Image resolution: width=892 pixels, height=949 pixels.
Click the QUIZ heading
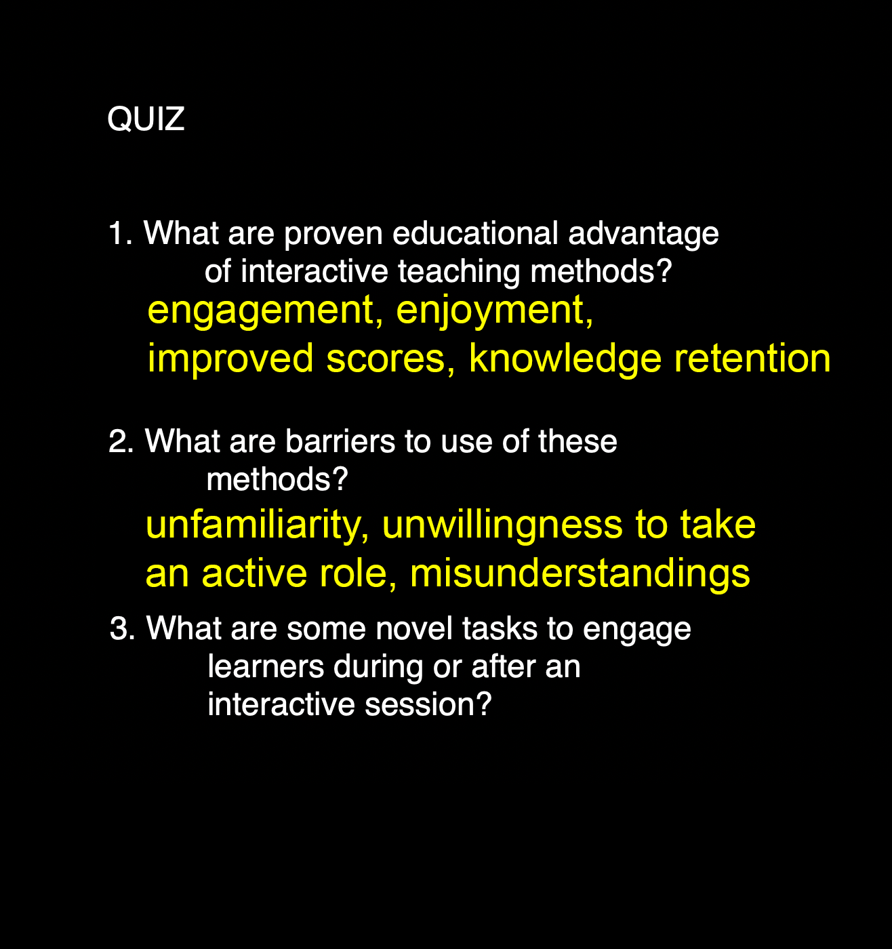coord(146,119)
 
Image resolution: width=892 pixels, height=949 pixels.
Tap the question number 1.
coord(120,233)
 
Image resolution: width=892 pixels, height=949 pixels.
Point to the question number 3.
coord(123,628)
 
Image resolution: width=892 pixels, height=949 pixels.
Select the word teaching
coord(459,273)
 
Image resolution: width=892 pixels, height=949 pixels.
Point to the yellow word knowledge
coord(565,359)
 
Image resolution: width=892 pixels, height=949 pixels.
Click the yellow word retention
coord(752,359)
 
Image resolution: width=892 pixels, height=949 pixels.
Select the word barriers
coord(340,441)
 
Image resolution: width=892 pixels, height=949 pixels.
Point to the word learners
coord(266,666)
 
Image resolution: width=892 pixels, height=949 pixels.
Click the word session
coord(428,705)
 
